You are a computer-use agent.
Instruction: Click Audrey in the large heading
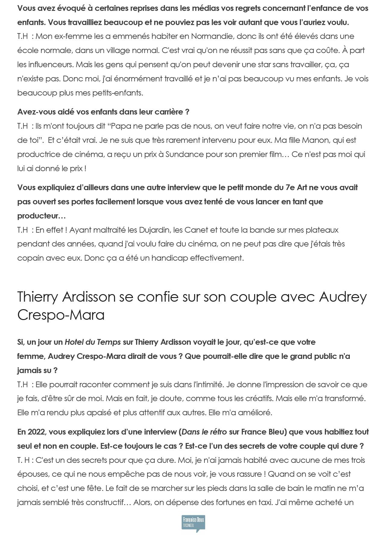pos(343,297)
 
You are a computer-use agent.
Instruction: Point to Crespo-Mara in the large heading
pos(61,315)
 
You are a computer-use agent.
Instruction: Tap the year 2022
pos(37,432)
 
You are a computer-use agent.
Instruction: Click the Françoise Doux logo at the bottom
pos(193,523)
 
